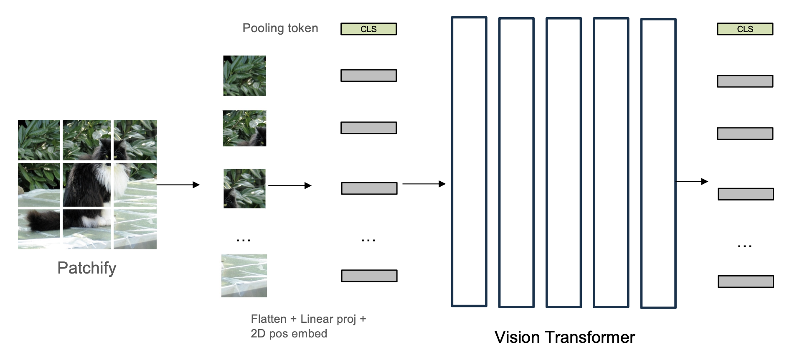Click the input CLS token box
(x=368, y=29)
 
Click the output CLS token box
(x=745, y=29)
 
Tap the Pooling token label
(x=280, y=28)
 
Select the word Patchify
(x=87, y=268)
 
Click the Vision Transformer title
(x=564, y=337)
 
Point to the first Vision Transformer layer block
(x=469, y=162)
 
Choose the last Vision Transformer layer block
(x=658, y=163)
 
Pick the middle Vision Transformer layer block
(x=564, y=162)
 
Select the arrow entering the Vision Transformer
(x=424, y=184)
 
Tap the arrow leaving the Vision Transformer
(x=692, y=181)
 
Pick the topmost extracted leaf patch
(x=244, y=76)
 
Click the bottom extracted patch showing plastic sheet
(x=244, y=276)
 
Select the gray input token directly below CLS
(x=368, y=76)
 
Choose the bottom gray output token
(x=746, y=281)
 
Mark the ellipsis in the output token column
(x=745, y=246)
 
